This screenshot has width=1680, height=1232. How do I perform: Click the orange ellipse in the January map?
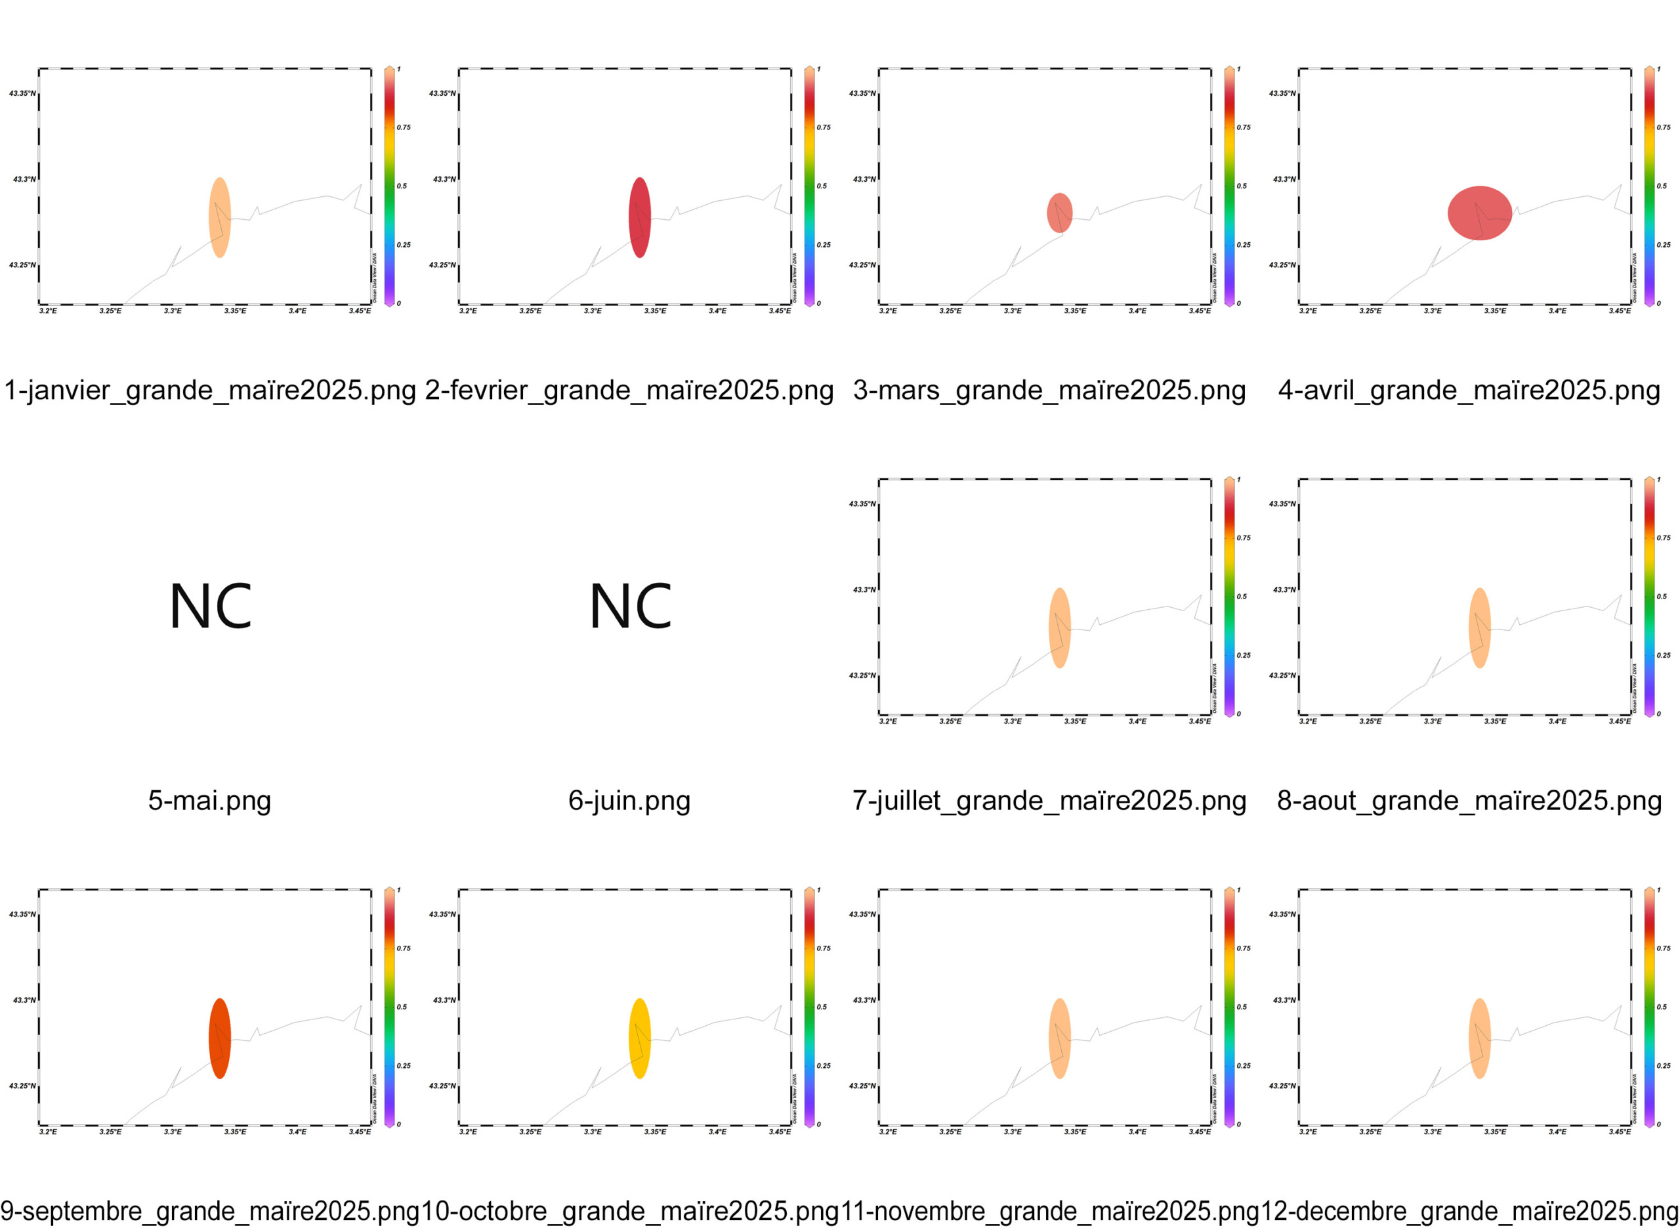219,218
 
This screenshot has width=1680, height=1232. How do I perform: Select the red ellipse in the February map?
640,218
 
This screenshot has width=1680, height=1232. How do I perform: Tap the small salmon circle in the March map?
1060,213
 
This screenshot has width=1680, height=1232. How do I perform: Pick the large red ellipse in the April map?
1479,213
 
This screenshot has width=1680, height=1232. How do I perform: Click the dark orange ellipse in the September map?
219,1038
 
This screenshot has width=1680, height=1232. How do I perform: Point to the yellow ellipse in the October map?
640,1038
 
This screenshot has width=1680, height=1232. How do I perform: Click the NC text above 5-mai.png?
210,606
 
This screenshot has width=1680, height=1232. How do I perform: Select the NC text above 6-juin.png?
630,606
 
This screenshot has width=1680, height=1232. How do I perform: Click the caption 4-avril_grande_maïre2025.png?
1469,390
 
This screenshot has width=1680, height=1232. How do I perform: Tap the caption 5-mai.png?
209,800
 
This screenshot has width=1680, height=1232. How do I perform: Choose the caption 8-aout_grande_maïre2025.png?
1469,800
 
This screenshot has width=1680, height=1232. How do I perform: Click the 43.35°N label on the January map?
22,94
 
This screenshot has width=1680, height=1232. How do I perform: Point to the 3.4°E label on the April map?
1557,311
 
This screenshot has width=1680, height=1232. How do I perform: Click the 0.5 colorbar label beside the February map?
822,186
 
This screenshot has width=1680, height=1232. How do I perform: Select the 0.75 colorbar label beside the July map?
1244,538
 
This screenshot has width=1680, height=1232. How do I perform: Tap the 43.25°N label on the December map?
1282,1086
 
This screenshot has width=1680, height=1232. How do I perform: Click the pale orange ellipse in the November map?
1060,1038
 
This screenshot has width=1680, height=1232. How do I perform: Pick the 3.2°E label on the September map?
48,1132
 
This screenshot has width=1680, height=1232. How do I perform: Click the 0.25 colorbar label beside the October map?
823,1066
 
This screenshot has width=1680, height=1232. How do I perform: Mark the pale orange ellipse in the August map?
1479,628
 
